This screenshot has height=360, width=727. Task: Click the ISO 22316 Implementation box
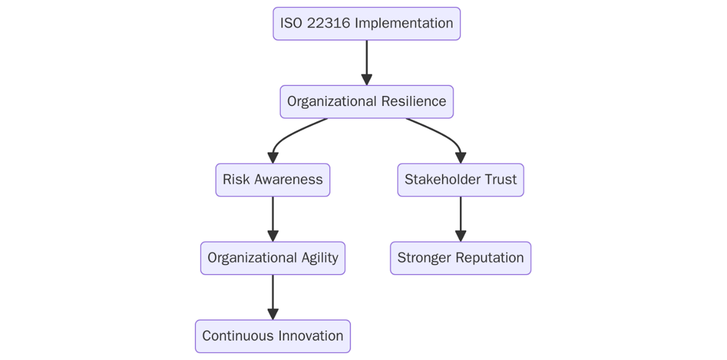click(x=366, y=24)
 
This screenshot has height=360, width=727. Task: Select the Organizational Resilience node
click(x=366, y=102)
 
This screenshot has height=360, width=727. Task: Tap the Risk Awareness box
click(x=273, y=180)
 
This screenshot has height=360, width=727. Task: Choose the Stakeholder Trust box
click(x=460, y=180)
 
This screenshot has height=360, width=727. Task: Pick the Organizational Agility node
click(x=273, y=258)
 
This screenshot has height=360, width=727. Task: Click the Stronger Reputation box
click(x=460, y=258)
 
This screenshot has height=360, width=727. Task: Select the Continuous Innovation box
click(x=273, y=336)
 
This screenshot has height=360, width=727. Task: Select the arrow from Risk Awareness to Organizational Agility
click(x=273, y=219)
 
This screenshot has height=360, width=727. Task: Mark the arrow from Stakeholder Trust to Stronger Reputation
click(x=460, y=219)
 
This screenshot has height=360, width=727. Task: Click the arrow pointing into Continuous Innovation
click(x=273, y=297)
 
